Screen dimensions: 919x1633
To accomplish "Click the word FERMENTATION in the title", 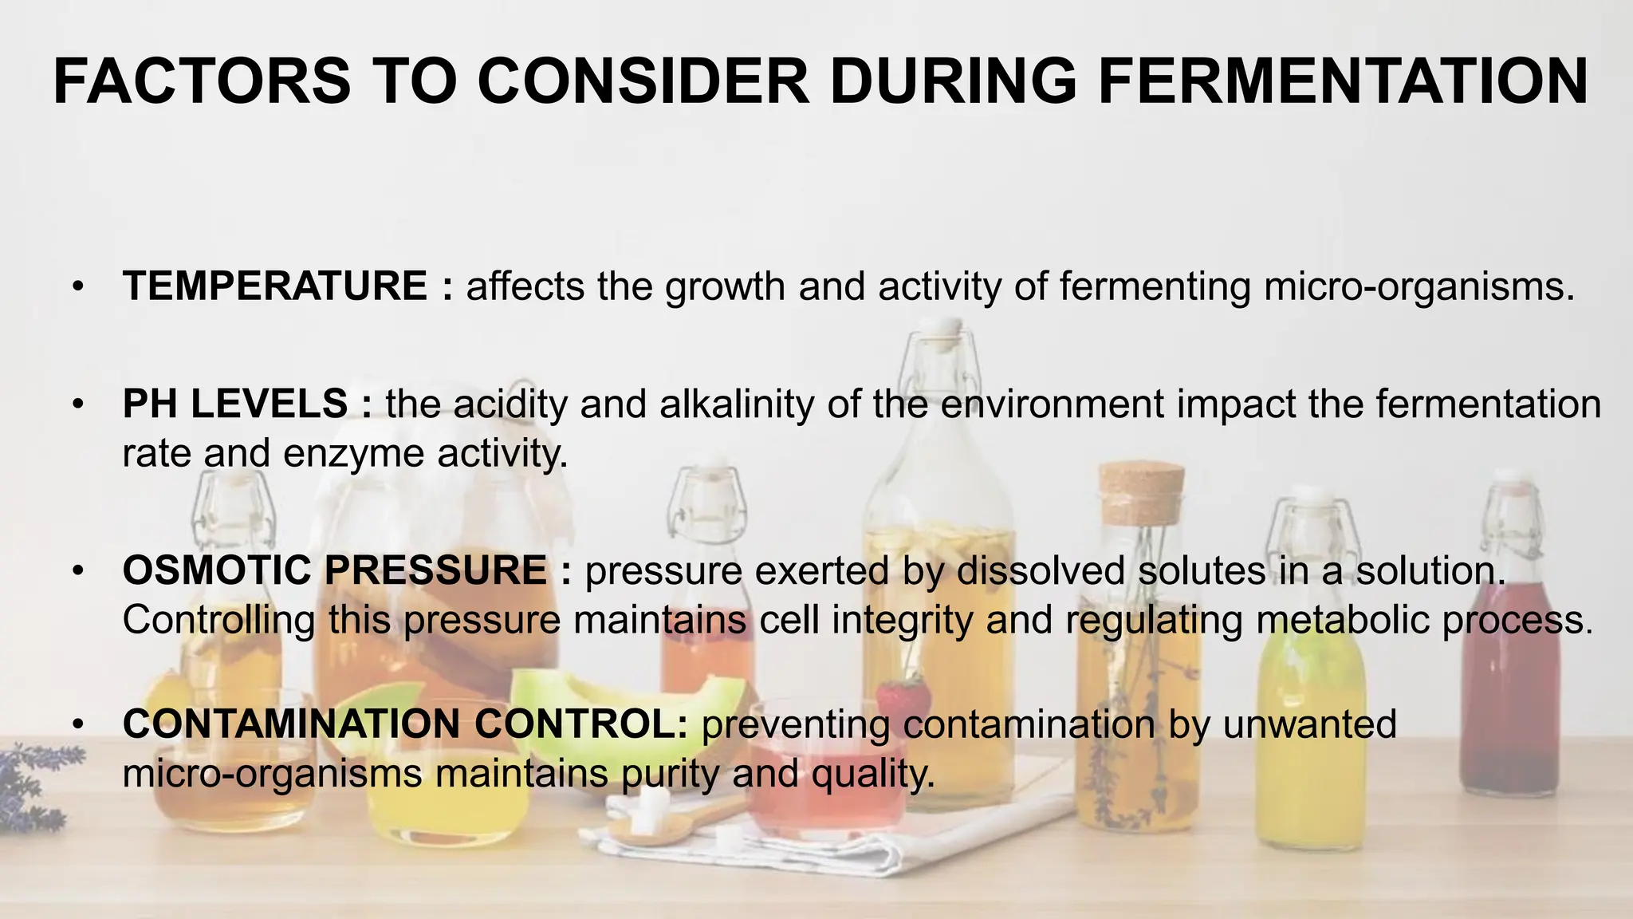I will [1344, 81].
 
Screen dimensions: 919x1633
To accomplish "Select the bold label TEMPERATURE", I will [275, 286].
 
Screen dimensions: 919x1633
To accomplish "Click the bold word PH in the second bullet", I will [150, 404].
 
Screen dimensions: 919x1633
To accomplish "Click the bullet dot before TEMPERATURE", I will [77, 287].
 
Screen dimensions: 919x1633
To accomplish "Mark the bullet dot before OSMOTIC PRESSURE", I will [77, 571].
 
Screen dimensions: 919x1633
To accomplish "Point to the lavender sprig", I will [32, 790].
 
